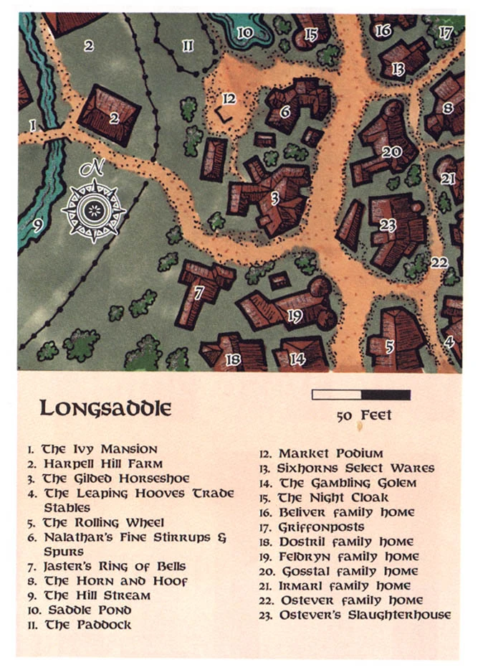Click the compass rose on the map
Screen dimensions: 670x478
pyautogui.click(x=94, y=209)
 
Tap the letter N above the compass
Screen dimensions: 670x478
pyautogui.click(x=92, y=169)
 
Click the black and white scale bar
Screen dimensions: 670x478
pyautogui.click(x=361, y=395)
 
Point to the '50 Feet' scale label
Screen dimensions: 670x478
pyautogui.click(x=363, y=416)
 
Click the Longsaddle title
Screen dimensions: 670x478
pyautogui.click(x=105, y=408)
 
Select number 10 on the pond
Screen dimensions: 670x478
pyautogui.click(x=245, y=32)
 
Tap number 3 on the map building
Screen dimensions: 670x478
pyautogui.click(x=274, y=199)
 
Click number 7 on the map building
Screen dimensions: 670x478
pyautogui.click(x=199, y=292)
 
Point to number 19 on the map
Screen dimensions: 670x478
pyautogui.click(x=295, y=316)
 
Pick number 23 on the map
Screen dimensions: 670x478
pyautogui.click(x=388, y=225)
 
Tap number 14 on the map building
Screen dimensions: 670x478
pyautogui.click(x=298, y=359)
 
